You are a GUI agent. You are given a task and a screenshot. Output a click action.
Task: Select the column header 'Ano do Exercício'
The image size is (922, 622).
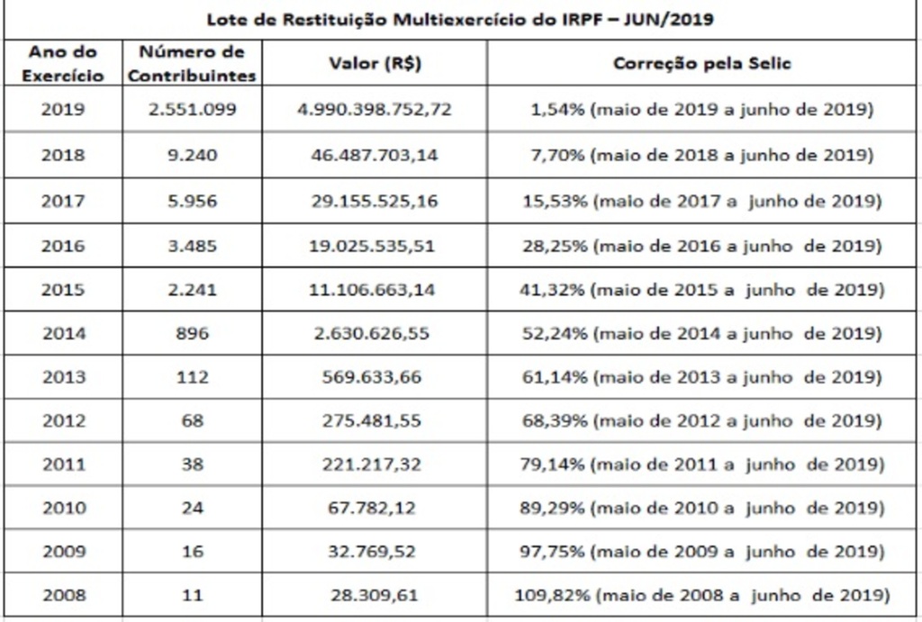pos(63,64)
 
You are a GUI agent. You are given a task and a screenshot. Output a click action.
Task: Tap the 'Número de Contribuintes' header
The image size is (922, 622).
pos(192,64)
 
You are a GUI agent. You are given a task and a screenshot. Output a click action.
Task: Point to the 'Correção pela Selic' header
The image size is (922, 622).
pos(702,65)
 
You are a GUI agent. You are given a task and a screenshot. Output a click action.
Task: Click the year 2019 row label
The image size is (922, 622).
pos(63,110)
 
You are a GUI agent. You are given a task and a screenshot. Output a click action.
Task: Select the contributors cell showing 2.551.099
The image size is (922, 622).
pos(192,110)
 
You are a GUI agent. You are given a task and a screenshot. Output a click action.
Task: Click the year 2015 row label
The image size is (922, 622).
pos(63,290)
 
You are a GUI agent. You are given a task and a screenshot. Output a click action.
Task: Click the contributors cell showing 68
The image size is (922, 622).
pos(192,420)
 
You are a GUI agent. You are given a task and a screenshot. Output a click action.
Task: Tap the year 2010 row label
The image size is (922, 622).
pos(63,508)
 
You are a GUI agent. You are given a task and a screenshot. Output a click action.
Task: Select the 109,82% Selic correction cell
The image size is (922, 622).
pos(702,595)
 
